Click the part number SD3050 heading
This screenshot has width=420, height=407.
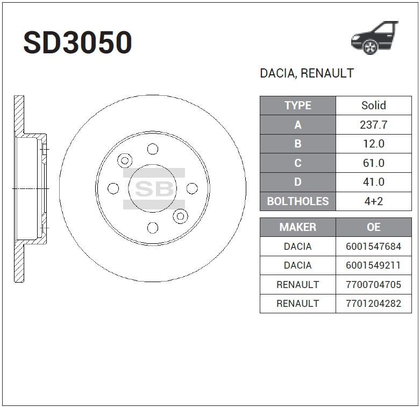pyautogui.click(x=77, y=43)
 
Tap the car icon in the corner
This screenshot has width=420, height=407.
pyautogui.click(x=375, y=38)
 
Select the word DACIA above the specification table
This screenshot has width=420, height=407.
pyautogui.click(x=277, y=73)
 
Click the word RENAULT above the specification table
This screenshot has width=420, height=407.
pyautogui.click(x=327, y=73)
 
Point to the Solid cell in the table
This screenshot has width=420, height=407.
pyautogui.click(x=374, y=106)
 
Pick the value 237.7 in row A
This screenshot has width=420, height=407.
pyautogui.click(x=374, y=125)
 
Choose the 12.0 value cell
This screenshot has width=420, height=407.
pyautogui.click(x=374, y=144)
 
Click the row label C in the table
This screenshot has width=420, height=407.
pyautogui.click(x=298, y=163)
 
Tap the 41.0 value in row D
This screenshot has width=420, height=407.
pyautogui.click(x=374, y=182)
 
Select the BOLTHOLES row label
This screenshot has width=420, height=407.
pyautogui.click(x=298, y=201)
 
